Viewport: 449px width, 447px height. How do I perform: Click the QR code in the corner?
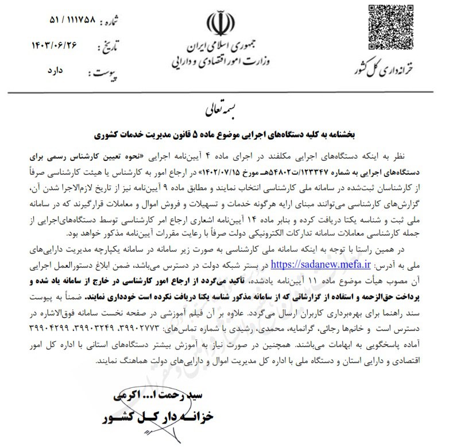[x=390, y=25]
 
